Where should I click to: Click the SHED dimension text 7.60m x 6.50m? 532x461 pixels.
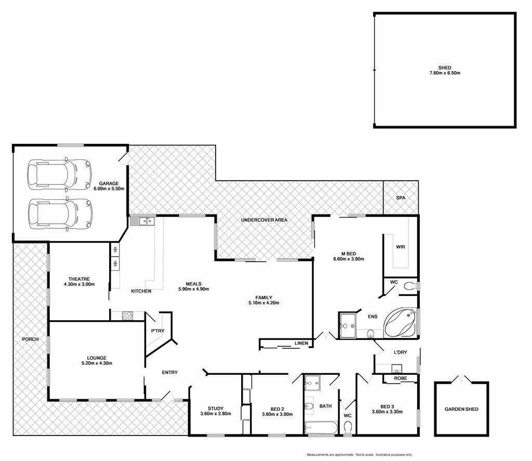(445, 73)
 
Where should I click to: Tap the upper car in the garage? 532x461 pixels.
(60, 174)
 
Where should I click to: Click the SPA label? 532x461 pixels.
(401, 198)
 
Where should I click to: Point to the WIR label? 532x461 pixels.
(401, 247)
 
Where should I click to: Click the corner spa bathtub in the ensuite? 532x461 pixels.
(400, 322)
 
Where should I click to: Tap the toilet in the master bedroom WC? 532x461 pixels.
(410, 286)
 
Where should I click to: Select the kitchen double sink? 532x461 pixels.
(142, 221)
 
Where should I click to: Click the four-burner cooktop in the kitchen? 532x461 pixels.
(128, 316)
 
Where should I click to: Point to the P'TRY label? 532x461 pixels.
(158, 331)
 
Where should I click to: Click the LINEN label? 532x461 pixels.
(301, 343)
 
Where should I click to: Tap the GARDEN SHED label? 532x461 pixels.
(461, 409)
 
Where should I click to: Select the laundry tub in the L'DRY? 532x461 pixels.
(396, 368)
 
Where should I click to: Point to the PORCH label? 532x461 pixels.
(30, 339)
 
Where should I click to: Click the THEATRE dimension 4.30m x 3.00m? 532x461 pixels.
(79, 284)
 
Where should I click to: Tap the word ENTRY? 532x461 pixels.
(170, 372)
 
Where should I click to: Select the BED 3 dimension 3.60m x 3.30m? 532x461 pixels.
(387, 412)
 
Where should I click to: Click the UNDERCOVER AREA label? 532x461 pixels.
(264, 220)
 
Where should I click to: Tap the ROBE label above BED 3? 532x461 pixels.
(401, 378)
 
